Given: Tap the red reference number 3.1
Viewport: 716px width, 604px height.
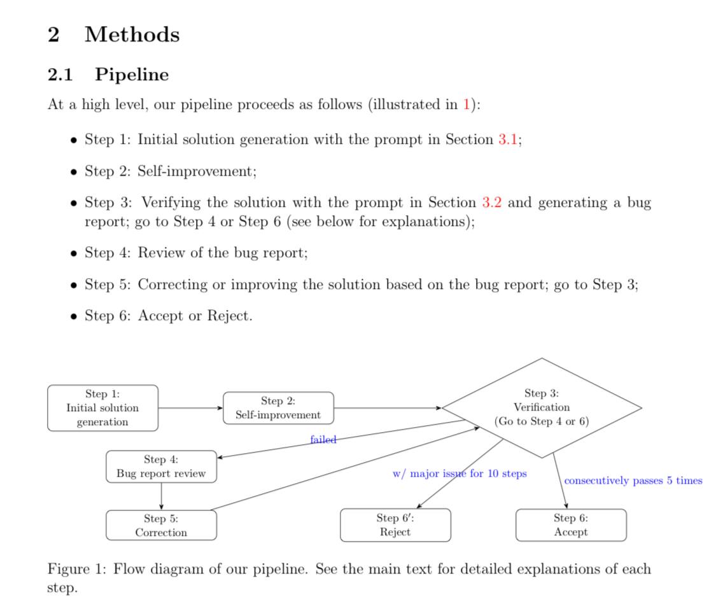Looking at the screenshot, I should (507, 139).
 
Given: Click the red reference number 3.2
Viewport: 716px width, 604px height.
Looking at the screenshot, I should (492, 202).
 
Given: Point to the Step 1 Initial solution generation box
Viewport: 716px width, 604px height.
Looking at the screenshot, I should (102, 408).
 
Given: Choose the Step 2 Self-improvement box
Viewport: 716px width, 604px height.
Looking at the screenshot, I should (278, 408).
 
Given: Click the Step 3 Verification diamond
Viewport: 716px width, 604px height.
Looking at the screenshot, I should (542, 408).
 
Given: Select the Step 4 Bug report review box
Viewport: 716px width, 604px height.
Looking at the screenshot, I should (161, 467).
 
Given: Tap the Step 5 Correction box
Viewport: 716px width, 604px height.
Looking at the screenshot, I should (161, 525).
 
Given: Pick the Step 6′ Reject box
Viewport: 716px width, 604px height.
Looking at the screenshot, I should (395, 525).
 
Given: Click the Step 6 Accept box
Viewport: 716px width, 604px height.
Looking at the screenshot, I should (571, 525).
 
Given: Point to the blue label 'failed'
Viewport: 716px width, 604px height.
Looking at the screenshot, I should (323, 439).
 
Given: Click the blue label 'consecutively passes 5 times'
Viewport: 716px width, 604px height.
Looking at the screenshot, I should (633, 481).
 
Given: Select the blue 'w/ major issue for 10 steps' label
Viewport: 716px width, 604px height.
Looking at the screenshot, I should (460, 474).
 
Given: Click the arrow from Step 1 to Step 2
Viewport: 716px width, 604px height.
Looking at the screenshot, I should (190, 408).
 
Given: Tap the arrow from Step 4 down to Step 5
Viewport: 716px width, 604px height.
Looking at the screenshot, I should (161, 496).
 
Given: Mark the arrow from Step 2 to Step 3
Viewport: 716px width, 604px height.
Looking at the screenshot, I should (387, 408).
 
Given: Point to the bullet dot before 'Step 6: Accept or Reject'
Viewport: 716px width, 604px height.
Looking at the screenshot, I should (74, 316).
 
